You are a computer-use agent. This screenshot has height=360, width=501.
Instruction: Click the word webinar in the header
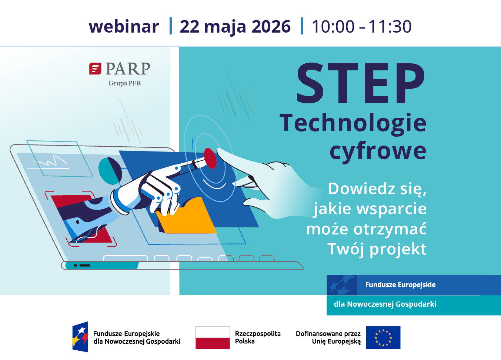pyautogui.click(x=124, y=27)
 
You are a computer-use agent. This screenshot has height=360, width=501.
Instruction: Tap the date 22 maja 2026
pyautogui.click(x=235, y=27)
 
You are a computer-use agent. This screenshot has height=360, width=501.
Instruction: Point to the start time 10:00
pyautogui.click(x=333, y=27)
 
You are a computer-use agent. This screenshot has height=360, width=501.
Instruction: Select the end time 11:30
pyautogui.click(x=390, y=27)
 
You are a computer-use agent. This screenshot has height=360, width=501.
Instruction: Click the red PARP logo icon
pyautogui.click(x=95, y=69)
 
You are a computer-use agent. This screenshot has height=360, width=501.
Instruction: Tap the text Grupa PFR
pyautogui.click(x=125, y=83)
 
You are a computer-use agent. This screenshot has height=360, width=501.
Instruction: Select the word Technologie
pyautogui.click(x=353, y=124)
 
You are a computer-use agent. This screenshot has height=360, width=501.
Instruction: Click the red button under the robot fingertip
pyautogui.click(x=210, y=158)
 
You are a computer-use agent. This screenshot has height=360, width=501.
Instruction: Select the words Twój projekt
pyautogui.click(x=377, y=249)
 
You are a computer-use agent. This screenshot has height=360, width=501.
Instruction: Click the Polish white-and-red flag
pyautogui.click(x=213, y=338)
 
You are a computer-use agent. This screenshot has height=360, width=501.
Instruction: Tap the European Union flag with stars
pyautogui.click(x=383, y=338)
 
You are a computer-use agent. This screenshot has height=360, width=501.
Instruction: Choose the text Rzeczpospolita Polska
pyautogui.click(x=258, y=337)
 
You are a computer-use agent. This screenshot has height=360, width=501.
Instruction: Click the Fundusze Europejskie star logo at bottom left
pyautogui.click(x=80, y=337)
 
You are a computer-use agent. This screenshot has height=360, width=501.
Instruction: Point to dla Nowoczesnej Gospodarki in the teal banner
pyautogui.click(x=385, y=304)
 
